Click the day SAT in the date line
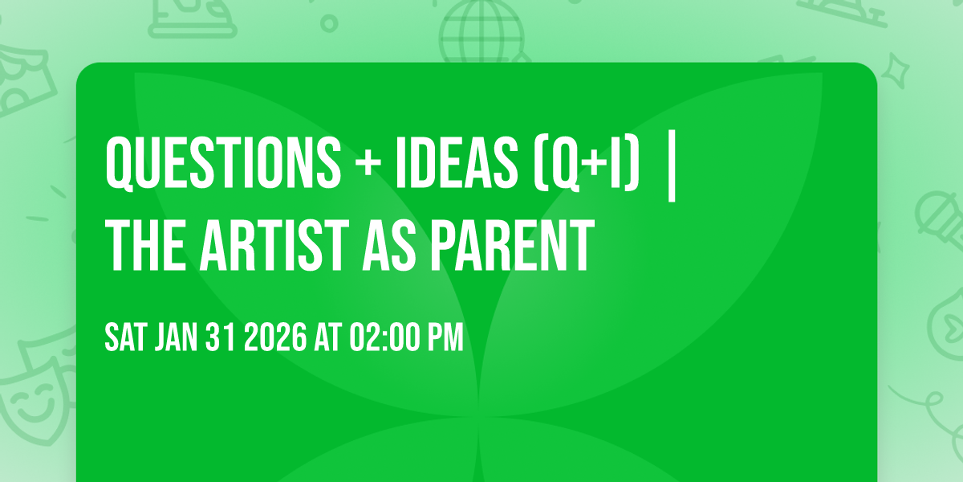pyautogui.click(x=124, y=338)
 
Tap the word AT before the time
pyautogui.click(x=327, y=338)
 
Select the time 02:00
pyautogui.click(x=387, y=338)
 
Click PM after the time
pyautogui.click(x=445, y=338)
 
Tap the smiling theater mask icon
pyautogui.click(x=28, y=402)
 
